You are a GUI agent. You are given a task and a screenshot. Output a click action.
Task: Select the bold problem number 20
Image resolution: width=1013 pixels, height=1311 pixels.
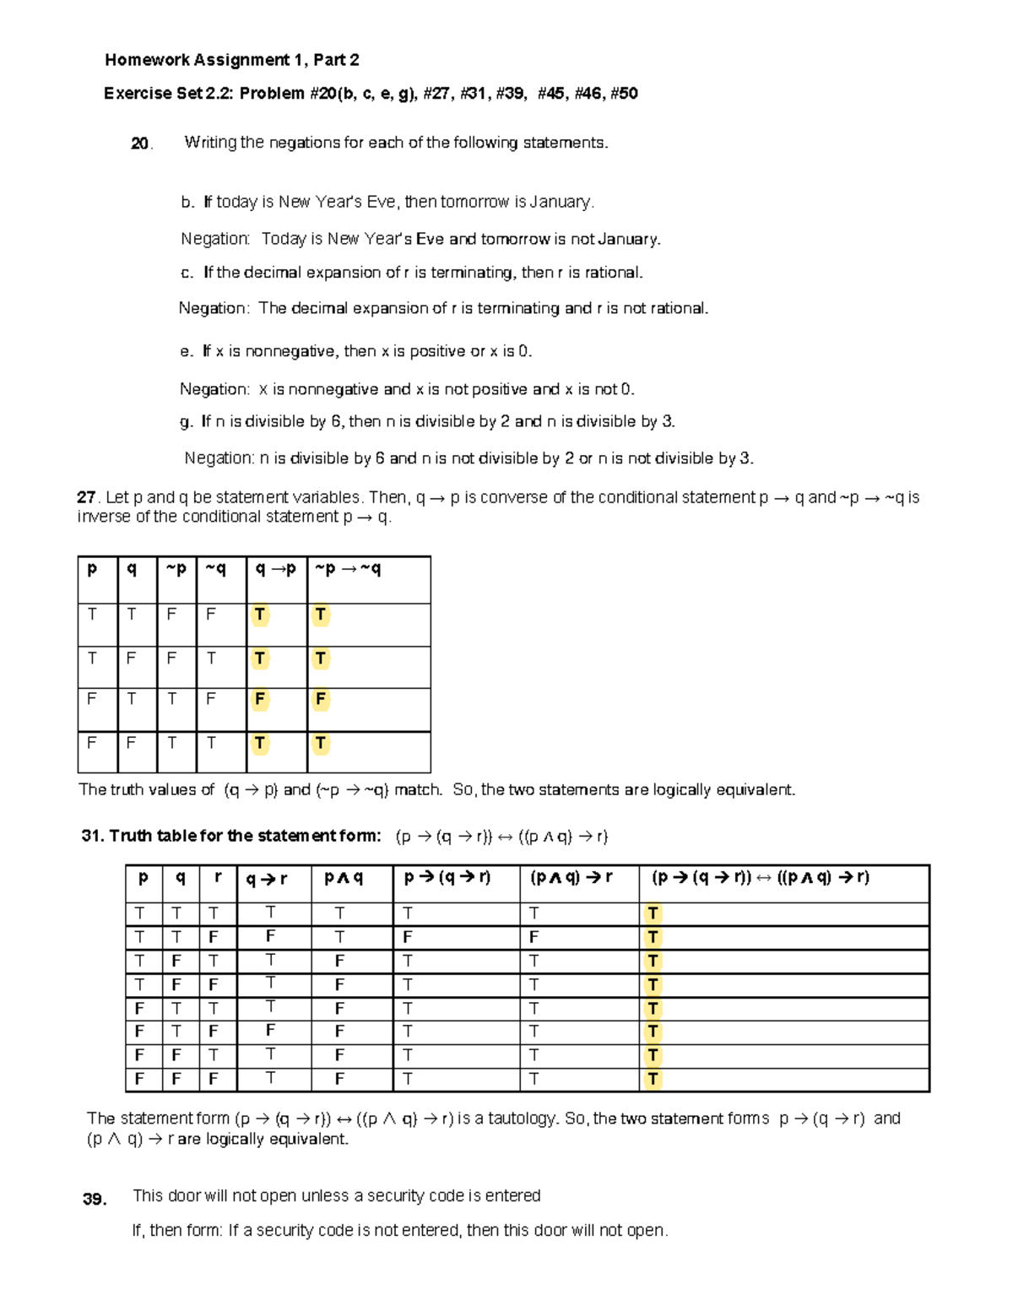(140, 144)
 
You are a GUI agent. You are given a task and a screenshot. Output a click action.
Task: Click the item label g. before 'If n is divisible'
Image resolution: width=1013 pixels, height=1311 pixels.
(187, 421)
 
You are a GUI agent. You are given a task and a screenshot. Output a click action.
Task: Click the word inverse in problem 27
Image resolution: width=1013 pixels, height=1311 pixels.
(105, 517)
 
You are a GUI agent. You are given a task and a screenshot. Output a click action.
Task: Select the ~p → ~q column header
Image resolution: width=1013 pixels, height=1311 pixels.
(348, 570)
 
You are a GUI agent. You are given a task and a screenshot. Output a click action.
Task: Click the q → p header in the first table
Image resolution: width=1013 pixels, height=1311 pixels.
(276, 570)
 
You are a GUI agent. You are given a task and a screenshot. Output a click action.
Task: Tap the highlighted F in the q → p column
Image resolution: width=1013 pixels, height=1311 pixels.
(260, 700)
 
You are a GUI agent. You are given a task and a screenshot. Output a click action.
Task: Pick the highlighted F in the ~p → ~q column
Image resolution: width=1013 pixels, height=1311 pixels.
(320, 700)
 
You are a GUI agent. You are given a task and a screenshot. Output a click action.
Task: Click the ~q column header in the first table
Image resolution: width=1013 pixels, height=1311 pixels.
(215, 570)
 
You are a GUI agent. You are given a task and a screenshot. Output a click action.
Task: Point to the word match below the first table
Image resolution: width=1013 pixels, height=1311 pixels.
(418, 790)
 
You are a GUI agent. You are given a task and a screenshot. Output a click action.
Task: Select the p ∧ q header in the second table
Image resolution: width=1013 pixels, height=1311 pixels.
(344, 878)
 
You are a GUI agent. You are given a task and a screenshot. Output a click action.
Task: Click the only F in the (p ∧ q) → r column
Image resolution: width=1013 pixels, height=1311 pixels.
(534, 937)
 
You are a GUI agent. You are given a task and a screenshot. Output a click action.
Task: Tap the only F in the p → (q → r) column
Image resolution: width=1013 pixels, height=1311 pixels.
(408, 937)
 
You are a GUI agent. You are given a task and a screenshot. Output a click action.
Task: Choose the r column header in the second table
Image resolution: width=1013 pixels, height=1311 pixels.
(218, 878)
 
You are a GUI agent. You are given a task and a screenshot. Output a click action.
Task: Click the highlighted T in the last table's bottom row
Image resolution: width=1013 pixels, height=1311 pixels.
(652, 1079)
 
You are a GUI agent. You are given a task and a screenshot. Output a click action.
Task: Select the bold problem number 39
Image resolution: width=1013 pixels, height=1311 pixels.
(95, 1200)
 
